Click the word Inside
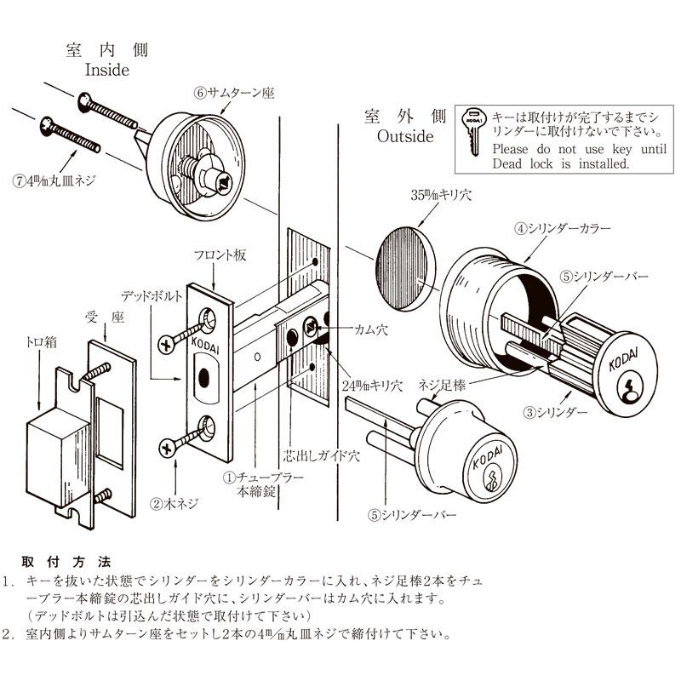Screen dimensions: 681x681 (106, 70)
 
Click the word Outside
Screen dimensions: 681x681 (405, 136)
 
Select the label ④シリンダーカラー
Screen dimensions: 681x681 (561, 228)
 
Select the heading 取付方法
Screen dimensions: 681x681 (66, 562)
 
